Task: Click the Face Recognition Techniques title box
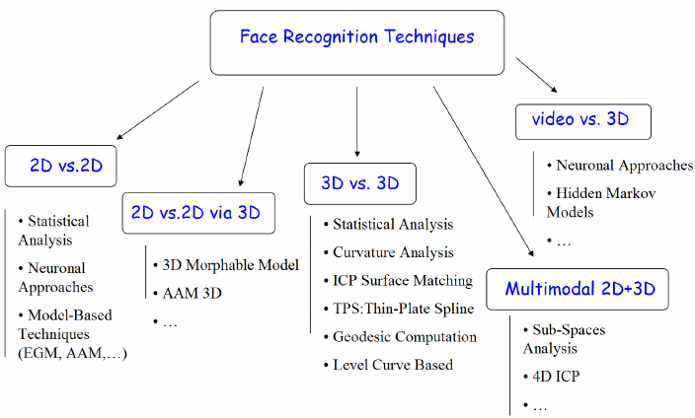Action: click(x=357, y=43)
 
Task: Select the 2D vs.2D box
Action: click(x=61, y=166)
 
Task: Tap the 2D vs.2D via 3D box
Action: click(x=198, y=213)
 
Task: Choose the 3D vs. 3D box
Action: click(x=360, y=183)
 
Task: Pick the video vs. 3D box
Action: click(x=583, y=122)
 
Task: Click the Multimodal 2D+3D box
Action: click(x=578, y=289)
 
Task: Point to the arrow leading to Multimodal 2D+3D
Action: click(x=483, y=172)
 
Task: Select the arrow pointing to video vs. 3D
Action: click(x=536, y=75)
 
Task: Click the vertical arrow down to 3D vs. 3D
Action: click(x=356, y=122)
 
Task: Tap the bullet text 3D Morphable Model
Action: click(x=230, y=265)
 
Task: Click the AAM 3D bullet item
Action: click(x=192, y=293)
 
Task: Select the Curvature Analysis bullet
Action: click(x=393, y=252)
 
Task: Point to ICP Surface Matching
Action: click(x=403, y=281)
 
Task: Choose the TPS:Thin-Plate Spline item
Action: click(x=404, y=309)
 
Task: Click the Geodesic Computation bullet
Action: click(x=405, y=336)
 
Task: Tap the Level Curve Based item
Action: click(x=393, y=365)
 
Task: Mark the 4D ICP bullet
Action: click(x=556, y=377)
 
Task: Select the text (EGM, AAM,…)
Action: click(x=72, y=353)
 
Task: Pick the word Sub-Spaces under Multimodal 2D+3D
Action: click(x=569, y=330)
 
